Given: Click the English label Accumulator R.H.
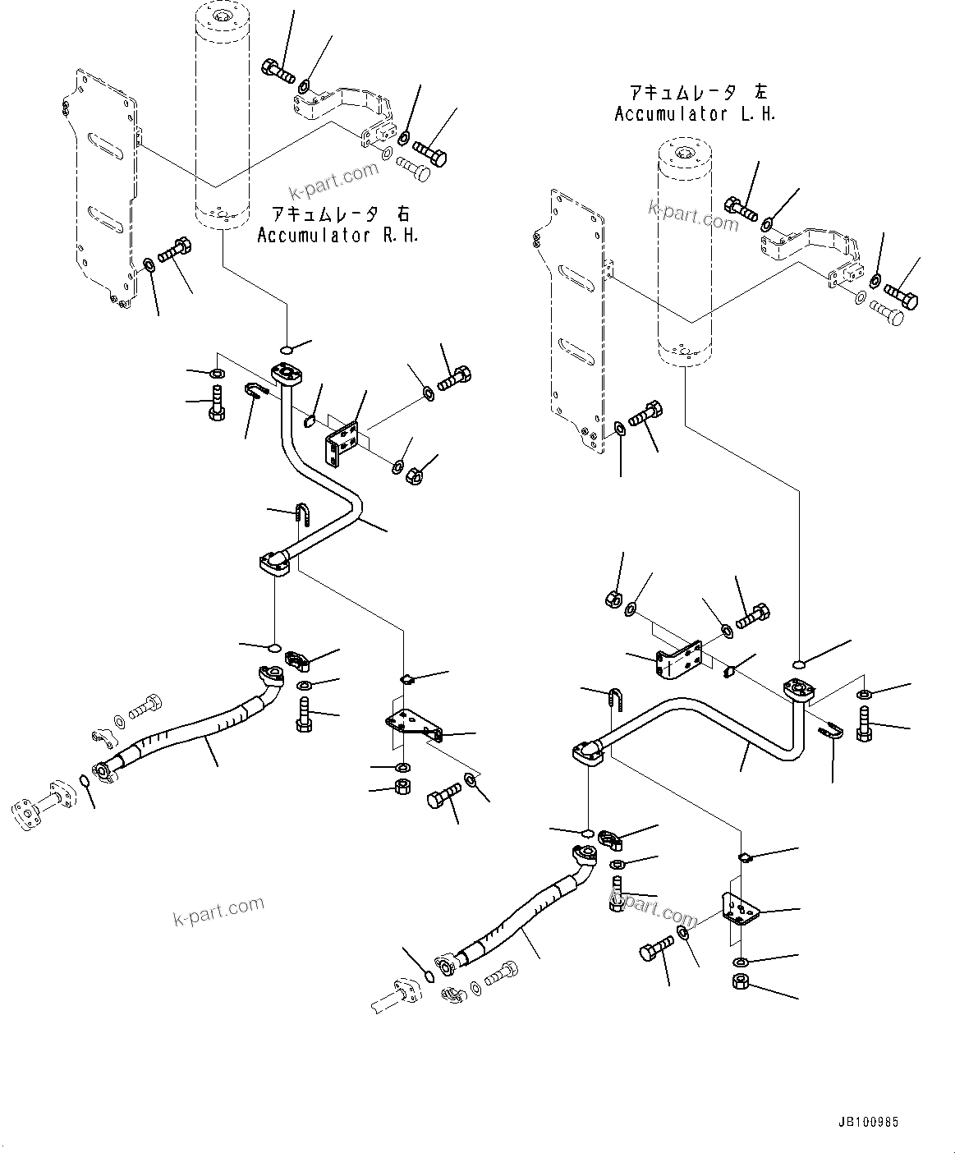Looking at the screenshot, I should (x=337, y=236).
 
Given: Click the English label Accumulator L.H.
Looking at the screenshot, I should (x=695, y=114).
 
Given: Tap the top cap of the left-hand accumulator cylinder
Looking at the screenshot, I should (x=685, y=152).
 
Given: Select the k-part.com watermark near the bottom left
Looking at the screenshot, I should (x=218, y=910).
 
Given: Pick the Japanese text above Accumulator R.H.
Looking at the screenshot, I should (x=337, y=214).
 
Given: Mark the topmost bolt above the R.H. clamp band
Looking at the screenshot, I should (x=278, y=71).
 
